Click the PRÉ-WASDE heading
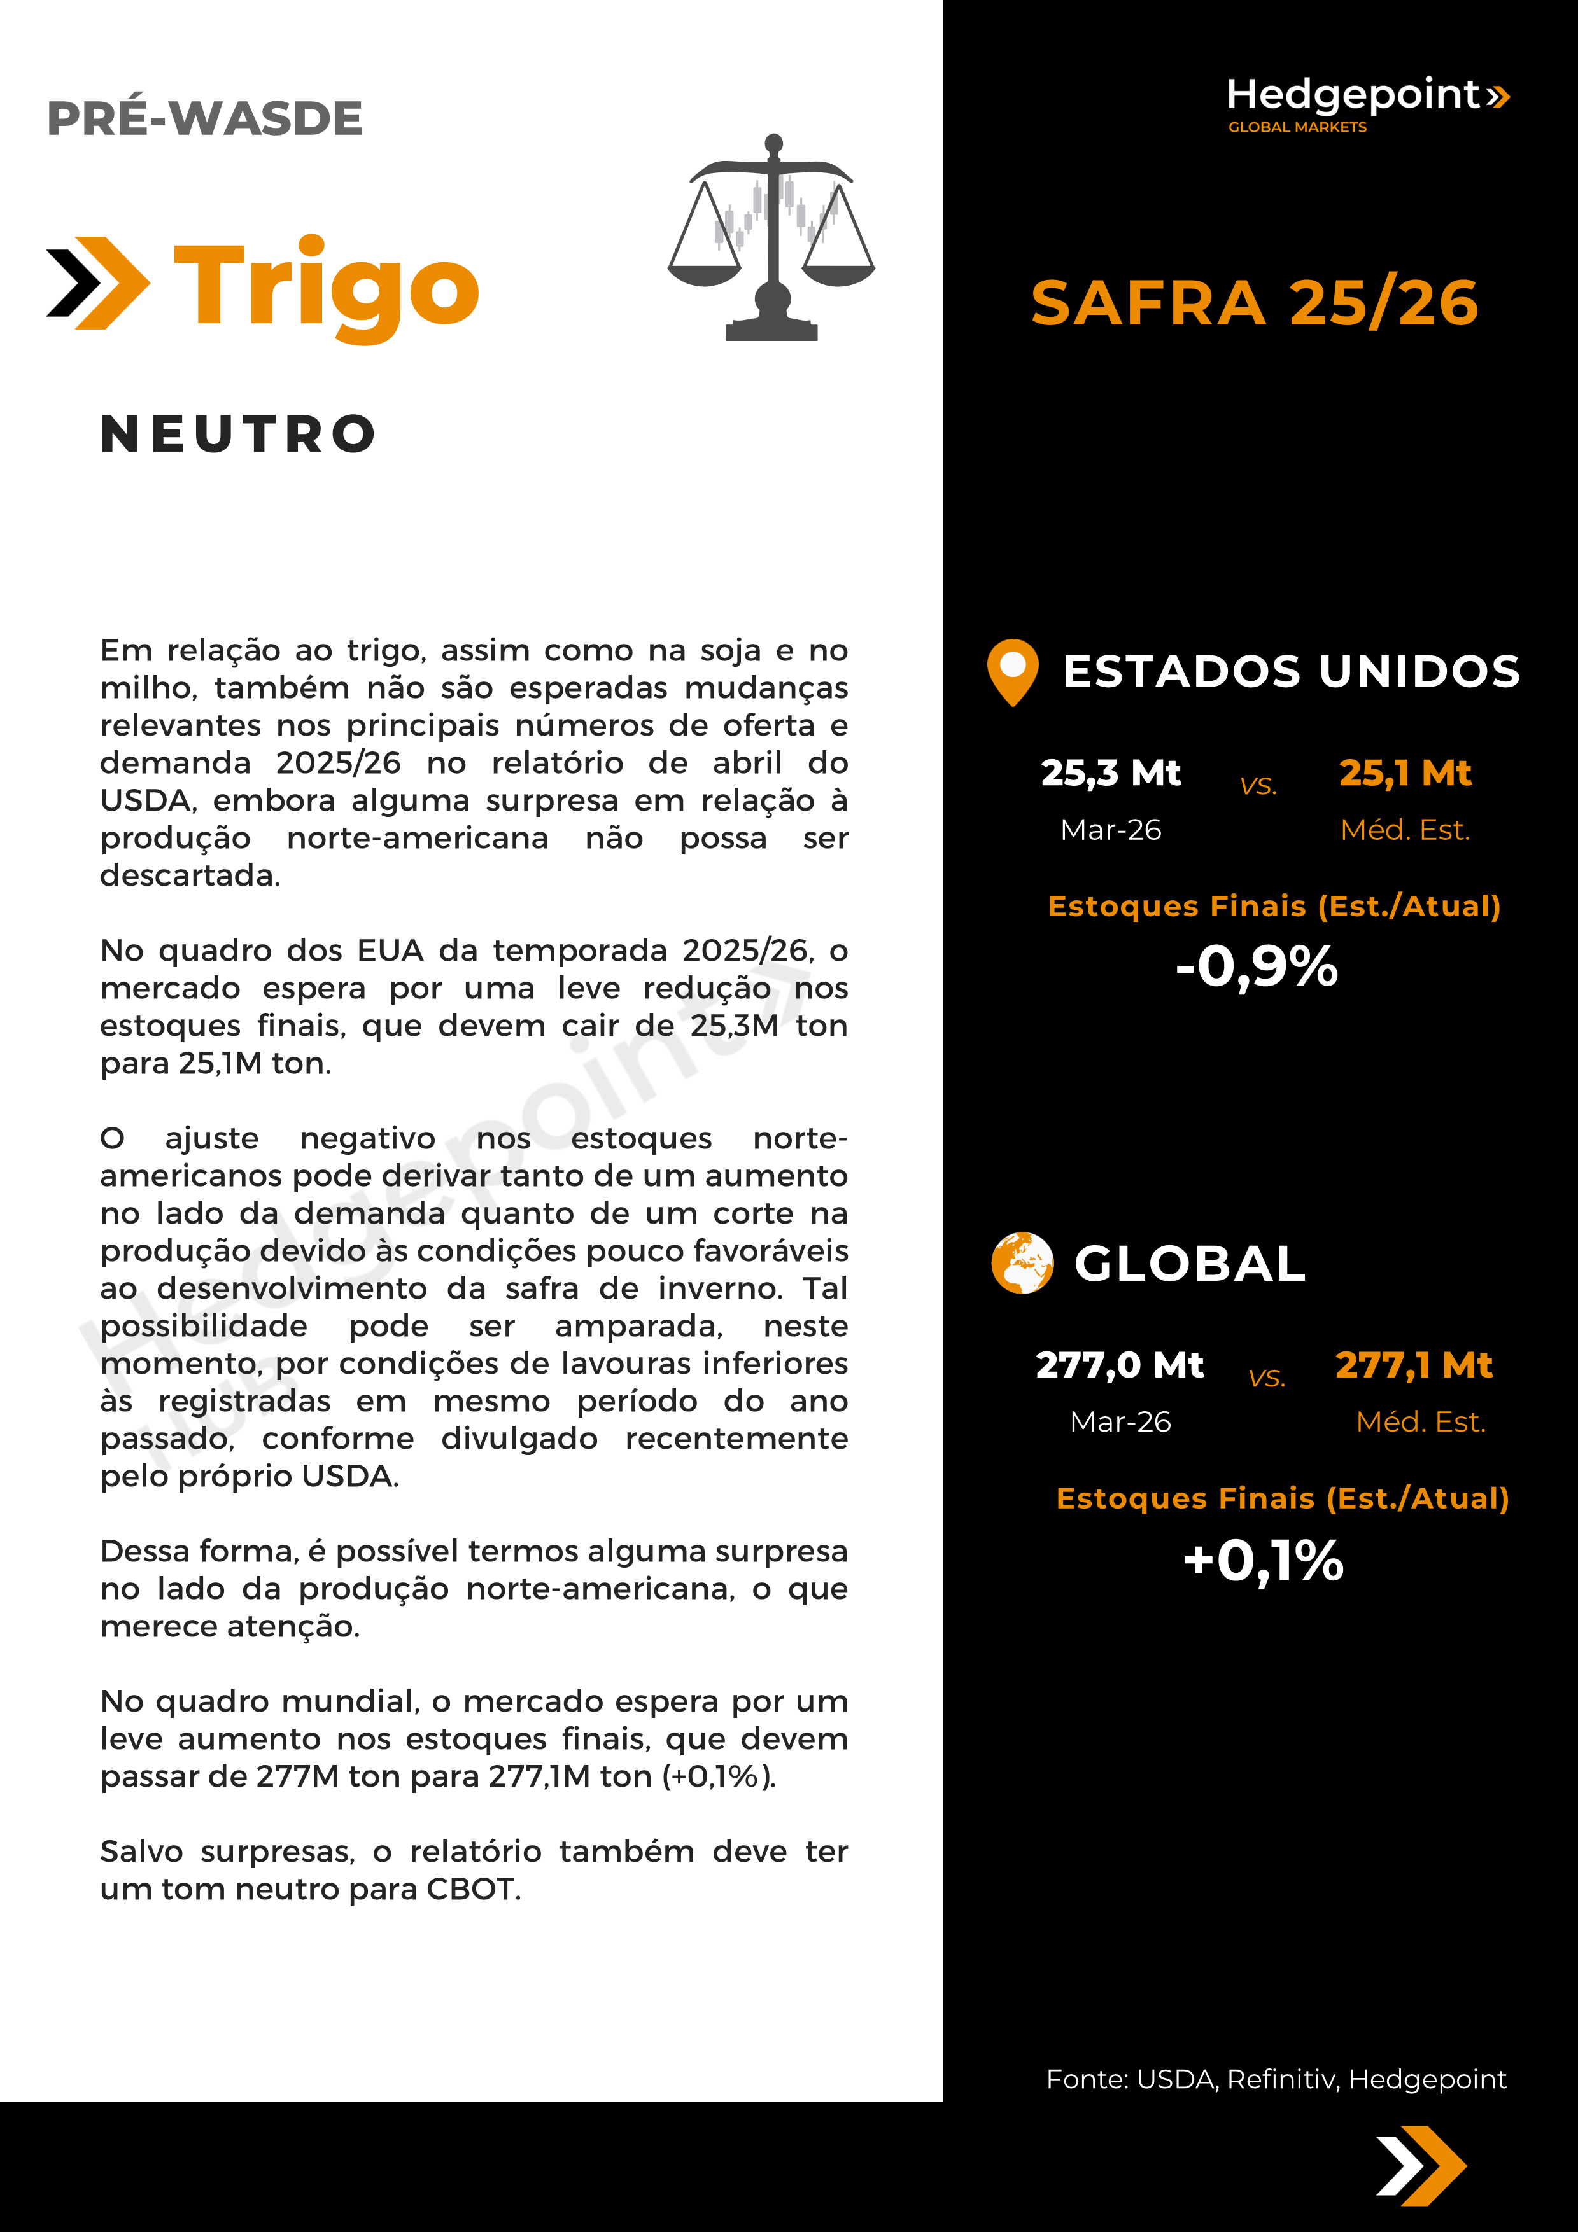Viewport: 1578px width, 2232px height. (204, 118)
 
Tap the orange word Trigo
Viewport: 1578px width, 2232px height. (326, 285)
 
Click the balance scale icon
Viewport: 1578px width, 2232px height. (772, 238)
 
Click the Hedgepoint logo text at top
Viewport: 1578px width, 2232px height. (1353, 95)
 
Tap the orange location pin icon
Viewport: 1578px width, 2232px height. (1012, 671)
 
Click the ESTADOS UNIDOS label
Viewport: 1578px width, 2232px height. (1291, 672)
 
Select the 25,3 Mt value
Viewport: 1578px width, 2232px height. (1110, 773)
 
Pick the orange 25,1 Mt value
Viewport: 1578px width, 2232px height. (1405, 773)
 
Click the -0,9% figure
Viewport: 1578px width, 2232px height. (1256, 967)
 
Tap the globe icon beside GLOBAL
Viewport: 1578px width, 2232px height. (1022, 1263)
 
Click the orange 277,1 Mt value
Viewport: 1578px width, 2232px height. (1414, 1365)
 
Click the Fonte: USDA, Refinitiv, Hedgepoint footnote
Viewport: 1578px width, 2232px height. (1276, 2079)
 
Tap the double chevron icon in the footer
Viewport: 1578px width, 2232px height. (1421, 2166)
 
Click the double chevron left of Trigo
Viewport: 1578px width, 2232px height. (98, 283)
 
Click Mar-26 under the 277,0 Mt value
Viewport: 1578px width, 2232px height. (1120, 1421)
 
